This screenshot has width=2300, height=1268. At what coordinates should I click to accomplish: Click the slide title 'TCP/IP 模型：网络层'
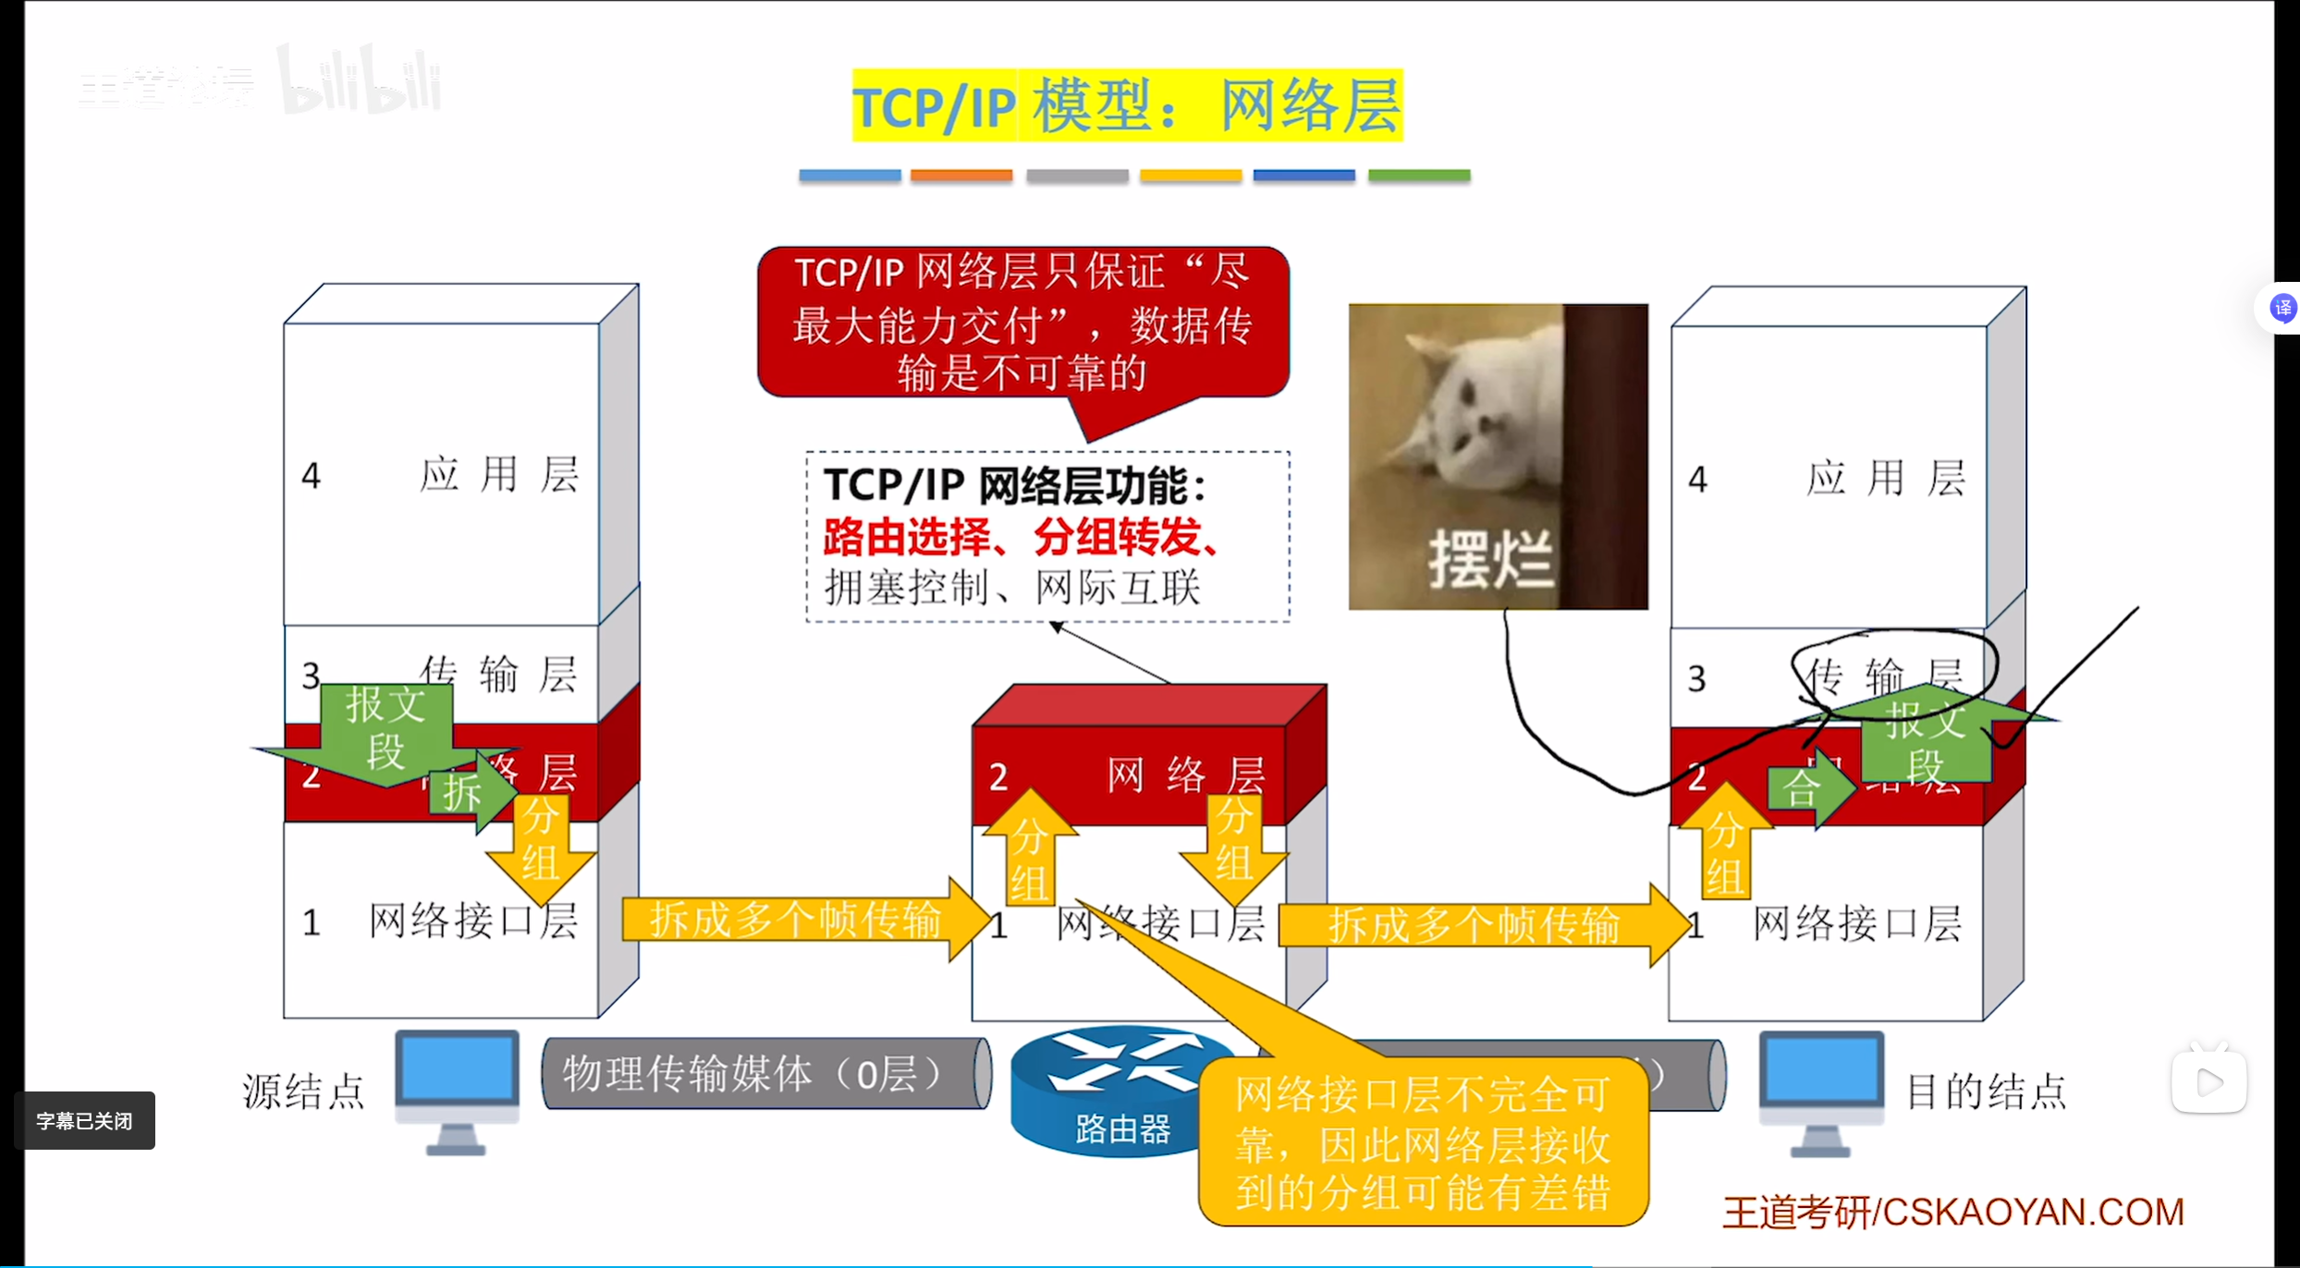[1127, 105]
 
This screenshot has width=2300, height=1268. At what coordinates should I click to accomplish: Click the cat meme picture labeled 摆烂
[1498, 457]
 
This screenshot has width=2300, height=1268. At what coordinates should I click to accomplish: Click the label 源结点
[303, 1091]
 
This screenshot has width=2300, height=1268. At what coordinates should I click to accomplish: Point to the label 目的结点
[1987, 1091]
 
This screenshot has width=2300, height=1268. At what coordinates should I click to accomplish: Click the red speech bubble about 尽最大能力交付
[1022, 323]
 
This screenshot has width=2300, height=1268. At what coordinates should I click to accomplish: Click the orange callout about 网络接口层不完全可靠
[1423, 1142]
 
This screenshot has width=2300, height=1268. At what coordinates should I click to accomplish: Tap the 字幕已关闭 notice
[84, 1121]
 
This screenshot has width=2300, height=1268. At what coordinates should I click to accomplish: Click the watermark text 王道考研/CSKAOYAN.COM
[1952, 1213]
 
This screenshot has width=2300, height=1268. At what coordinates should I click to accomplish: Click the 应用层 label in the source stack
[499, 475]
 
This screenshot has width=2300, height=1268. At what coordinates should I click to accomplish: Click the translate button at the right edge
[2282, 308]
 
